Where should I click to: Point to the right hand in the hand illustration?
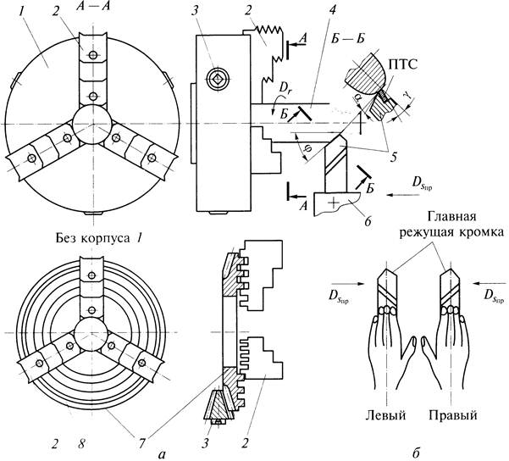click(450, 339)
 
